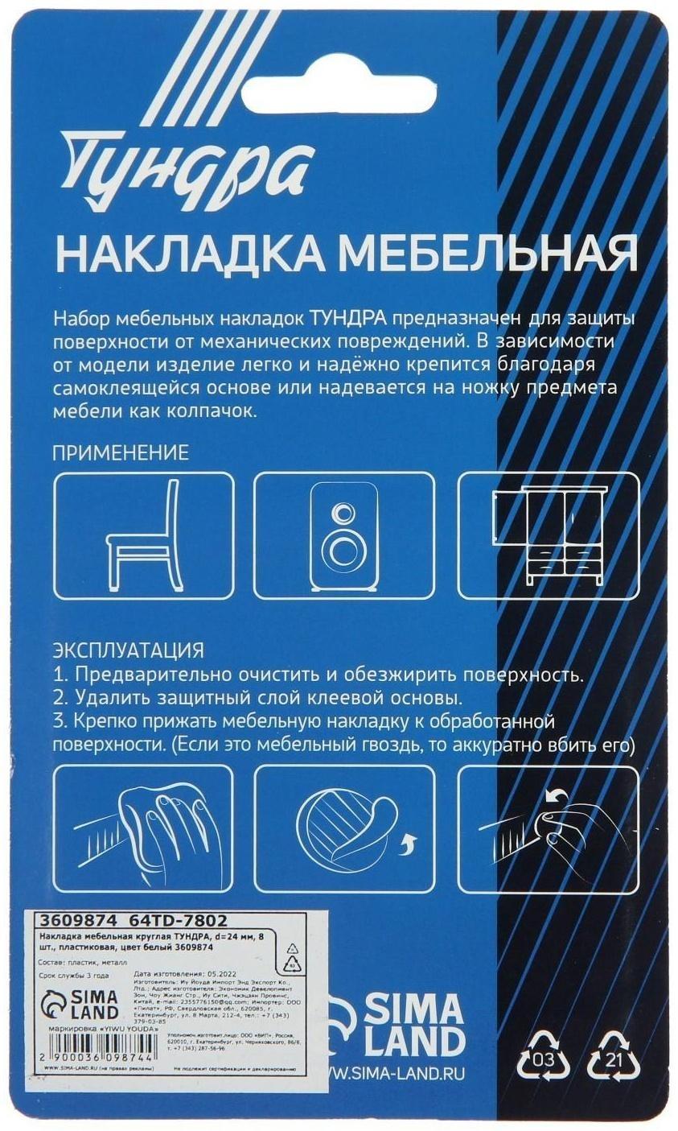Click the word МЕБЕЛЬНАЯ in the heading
tap(487, 254)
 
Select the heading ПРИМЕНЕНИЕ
tap(121, 452)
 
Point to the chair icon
tap(143, 535)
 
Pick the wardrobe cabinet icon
tap(547, 535)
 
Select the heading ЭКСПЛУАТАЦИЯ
tap(128, 650)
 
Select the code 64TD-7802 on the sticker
tap(179, 920)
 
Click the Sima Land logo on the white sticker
tap(80, 1004)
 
